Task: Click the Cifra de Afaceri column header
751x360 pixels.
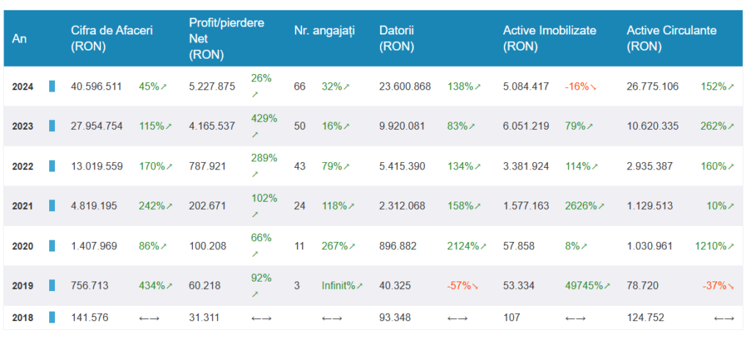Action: coord(111,39)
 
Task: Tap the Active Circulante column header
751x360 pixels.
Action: coord(672,39)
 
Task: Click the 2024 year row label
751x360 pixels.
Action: coord(23,87)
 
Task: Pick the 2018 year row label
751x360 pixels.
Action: coord(23,318)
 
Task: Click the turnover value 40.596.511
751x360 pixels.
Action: coord(96,87)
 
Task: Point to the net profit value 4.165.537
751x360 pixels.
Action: coord(212,126)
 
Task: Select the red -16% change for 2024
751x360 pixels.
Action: coord(581,87)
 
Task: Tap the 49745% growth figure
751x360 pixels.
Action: coord(587,286)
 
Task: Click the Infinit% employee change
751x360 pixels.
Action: coord(342,286)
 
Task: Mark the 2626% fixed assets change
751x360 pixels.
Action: coord(585,206)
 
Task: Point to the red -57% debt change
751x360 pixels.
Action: coord(463,286)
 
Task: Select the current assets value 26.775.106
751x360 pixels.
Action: coord(652,87)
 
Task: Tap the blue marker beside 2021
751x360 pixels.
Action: coord(52,206)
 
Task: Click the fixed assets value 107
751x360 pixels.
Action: coord(511,317)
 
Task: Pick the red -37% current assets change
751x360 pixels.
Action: coord(718,286)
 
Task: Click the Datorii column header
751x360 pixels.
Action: coord(397,39)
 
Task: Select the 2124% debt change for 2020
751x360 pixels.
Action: coord(466,246)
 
